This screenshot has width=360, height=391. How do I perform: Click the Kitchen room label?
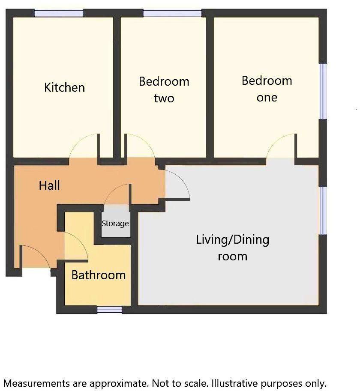pos(65,87)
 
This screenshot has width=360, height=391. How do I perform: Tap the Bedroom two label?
pos(164,90)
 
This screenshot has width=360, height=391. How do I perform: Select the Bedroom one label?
pos(267,89)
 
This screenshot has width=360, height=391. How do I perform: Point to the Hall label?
pos(49,185)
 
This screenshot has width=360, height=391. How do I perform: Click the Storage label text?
pos(115,224)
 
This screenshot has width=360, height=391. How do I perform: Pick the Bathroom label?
pos(99,275)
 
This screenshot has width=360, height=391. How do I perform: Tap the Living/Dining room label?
pos(233,248)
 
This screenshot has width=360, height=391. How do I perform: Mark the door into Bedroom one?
pos(281,147)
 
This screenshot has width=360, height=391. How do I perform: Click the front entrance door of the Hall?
pos(34,257)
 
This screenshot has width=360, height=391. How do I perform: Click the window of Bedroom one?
pos(324,91)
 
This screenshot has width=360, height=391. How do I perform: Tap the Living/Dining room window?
pos(324,210)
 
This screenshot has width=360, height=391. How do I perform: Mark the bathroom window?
pos(109,309)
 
